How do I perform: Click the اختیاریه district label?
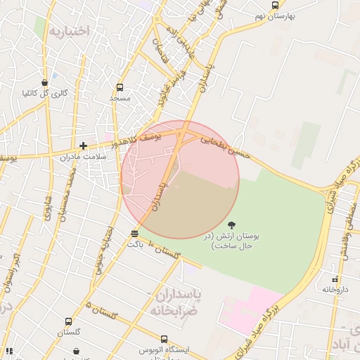tap(69, 30)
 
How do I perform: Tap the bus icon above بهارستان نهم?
tap(275, 5)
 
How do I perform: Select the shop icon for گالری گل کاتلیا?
tap(45, 83)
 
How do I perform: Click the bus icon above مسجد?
tap(120, 88)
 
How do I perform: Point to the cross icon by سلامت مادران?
tap(83, 146)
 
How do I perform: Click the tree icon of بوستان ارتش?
tap(232, 224)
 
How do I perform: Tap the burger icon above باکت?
tap(134, 233)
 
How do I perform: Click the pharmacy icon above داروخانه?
tap(335, 279)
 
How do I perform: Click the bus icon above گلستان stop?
tap(68, 321)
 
